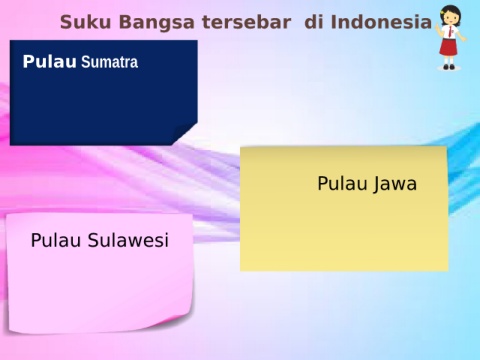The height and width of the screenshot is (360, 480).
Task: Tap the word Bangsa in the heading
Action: point(157,23)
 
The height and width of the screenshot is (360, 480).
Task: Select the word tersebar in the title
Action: point(246,22)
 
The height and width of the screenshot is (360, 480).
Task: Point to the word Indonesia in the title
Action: point(381,22)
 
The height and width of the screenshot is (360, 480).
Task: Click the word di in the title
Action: point(314,22)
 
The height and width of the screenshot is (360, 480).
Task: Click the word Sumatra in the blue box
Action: point(109,62)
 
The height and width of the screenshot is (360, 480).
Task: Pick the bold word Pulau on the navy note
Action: point(49,62)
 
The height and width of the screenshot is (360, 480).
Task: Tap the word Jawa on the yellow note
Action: point(395,184)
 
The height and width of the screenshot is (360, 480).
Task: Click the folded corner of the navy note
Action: point(184,133)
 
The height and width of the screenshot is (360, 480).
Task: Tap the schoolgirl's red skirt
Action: point(448,47)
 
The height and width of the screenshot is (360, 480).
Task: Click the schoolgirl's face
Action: point(451,18)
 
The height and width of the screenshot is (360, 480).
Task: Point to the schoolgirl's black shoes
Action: point(449,67)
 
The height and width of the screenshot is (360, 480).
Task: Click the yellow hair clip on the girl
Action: point(442,12)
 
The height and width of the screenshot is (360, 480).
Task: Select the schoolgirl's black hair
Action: point(451,12)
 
